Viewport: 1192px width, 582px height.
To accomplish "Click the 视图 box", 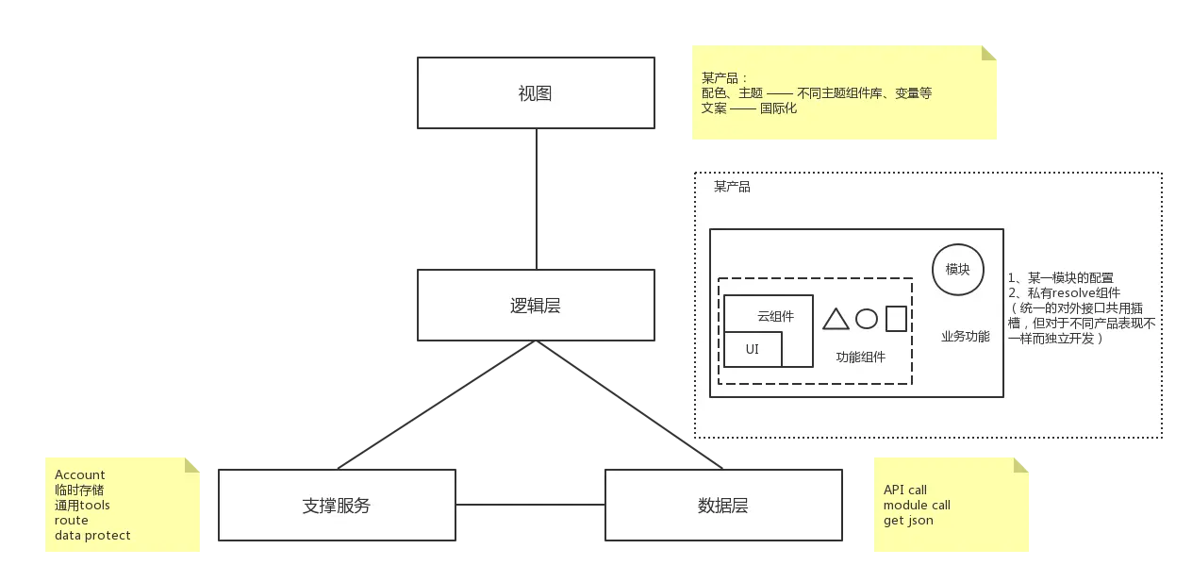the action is pyautogui.click(x=535, y=93).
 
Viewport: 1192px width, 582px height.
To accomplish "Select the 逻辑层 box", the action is pyautogui.click(x=535, y=306).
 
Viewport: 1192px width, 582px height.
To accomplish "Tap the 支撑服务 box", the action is pyautogui.click(x=337, y=506).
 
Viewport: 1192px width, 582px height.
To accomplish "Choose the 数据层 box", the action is pyautogui.click(x=722, y=506).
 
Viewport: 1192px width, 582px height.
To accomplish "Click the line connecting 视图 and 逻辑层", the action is pyautogui.click(x=538, y=199).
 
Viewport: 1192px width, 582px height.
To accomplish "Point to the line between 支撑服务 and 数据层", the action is pyautogui.click(x=531, y=502).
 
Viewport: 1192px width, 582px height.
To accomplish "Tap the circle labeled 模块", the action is pyautogui.click(x=958, y=269).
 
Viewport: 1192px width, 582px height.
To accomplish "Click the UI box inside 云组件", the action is pyautogui.click(x=753, y=350).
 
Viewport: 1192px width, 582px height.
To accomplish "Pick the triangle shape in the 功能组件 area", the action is pyautogui.click(x=836, y=319).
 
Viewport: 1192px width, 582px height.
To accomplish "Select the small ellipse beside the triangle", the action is pyautogui.click(x=867, y=319).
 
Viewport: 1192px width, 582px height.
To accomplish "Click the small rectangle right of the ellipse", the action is pyautogui.click(x=896, y=319).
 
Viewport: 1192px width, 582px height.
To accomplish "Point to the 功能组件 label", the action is pyautogui.click(x=861, y=357).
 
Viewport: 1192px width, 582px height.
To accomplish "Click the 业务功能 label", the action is pyautogui.click(x=965, y=337).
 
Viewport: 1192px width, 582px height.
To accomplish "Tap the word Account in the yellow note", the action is pyautogui.click(x=80, y=474).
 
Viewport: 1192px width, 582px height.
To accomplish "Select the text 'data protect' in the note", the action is pyautogui.click(x=92, y=535).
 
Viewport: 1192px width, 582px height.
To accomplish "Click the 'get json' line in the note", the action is pyautogui.click(x=908, y=520).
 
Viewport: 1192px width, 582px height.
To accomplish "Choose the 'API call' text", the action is pyautogui.click(x=905, y=490).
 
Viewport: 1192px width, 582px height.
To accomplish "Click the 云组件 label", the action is pyautogui.click(x=775, y=316).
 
